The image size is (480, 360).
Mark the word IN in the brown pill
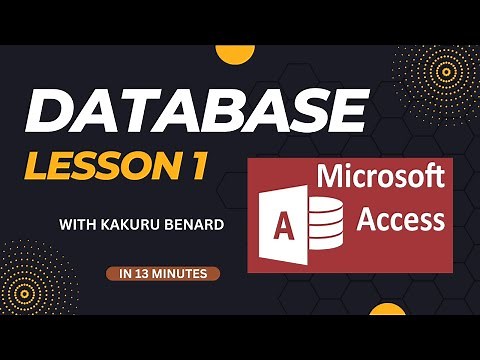(125, 272)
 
